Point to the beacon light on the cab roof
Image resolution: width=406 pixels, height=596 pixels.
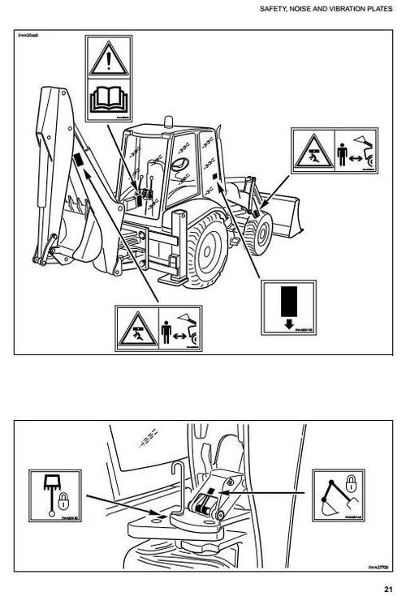pyautogui.click(x=168, y=121)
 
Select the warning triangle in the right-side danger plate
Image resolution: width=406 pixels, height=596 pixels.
pyautogui.click(x=309, y=152)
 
